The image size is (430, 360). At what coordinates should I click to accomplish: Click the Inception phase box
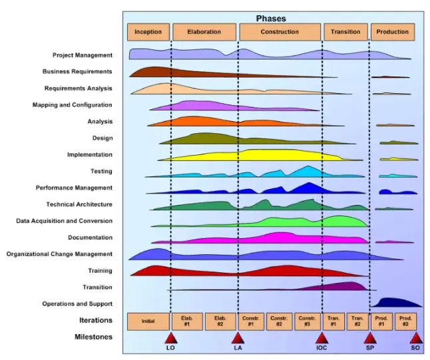click(148, 32)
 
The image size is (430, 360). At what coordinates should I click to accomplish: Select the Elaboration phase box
click(204, 32)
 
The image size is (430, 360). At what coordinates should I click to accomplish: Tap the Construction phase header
click(280, 32)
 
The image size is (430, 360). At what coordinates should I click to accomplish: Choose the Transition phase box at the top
click(345, 32)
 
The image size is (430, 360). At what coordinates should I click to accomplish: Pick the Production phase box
click(393, 32)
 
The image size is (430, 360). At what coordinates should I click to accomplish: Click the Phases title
click(271, 19)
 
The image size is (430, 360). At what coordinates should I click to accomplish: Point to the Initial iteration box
click(148, 321)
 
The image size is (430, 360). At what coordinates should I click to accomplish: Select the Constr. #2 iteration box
click(280, 321)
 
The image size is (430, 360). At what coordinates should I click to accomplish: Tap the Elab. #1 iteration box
click(187, 321)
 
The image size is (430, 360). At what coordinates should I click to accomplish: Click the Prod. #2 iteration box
click(404, 321)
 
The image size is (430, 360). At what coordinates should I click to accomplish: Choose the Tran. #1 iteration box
click(333, 321)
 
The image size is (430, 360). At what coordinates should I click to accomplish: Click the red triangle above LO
click(170, 338)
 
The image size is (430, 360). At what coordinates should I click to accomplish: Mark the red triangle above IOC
click(322, 338)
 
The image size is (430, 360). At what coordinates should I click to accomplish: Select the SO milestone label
click(415, 348)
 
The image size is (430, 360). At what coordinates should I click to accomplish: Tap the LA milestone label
click(238, 348)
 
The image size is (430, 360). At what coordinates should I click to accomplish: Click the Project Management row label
click(83, 55)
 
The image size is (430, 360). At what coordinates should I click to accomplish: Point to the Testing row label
click(101, 172)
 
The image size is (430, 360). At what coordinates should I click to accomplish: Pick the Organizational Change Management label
click(59, 254)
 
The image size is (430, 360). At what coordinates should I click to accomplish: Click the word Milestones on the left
click(93, 337)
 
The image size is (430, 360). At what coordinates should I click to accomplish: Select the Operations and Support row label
click(77, 304)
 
